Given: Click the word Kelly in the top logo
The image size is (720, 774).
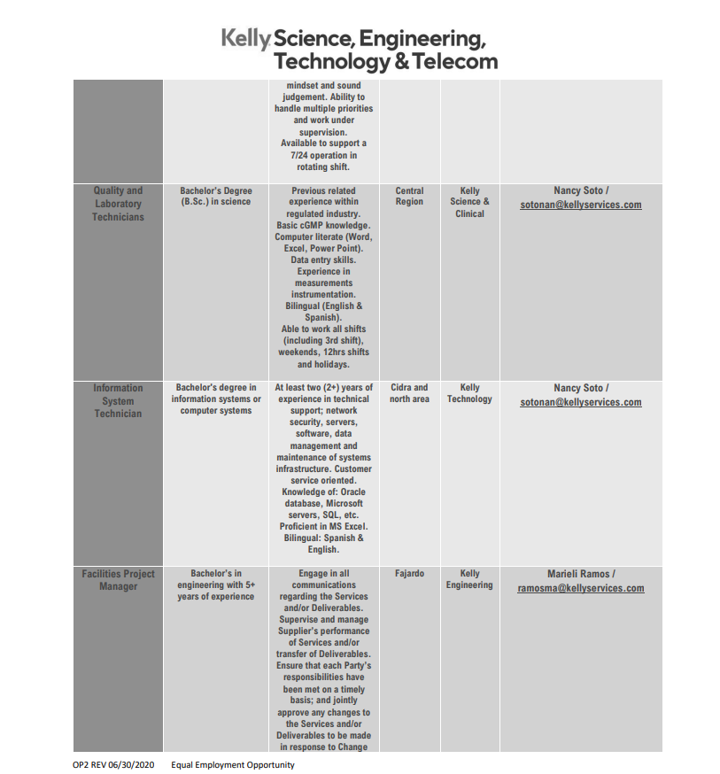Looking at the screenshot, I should click(x=244, y=38).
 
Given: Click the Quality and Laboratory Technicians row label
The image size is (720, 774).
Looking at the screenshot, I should click(x=118, y=204).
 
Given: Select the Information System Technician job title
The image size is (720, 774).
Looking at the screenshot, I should click(x=118, y=400).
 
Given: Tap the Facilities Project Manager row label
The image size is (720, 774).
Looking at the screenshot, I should click(x=118, y=580).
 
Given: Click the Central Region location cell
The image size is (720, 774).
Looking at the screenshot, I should click(x=409, y=196).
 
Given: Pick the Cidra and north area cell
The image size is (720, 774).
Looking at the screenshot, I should click(x=409, y=393).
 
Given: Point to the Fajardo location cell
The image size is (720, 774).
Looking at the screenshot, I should click(x=409, y=574).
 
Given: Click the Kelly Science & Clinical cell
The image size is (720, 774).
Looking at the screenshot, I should click(x=469, y=202).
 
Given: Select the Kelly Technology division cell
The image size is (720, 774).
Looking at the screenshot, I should click(x=469, y=393).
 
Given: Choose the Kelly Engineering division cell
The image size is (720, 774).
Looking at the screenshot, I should click(x=469, y=579).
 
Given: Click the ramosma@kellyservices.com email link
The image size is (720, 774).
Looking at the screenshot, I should click(x=581, y=589).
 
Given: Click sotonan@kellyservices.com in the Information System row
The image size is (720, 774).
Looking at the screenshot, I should click(x=581, y=403).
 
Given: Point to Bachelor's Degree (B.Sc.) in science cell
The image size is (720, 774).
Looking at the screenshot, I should click(x=216, y=196).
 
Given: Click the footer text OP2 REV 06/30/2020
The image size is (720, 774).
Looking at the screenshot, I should click(x=113, y=765).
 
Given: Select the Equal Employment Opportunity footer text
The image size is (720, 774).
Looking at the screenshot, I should click(x=233, y=765).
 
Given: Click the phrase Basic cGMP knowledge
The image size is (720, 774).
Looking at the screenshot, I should click(x=323, y=226).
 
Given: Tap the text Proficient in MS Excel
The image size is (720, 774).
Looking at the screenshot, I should click(x=323, y=526).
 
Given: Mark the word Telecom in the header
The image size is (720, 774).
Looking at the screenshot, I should click(x=454, y=62).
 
